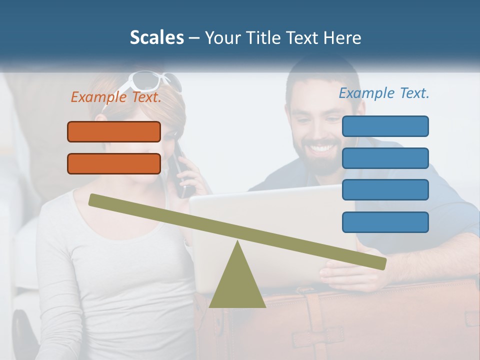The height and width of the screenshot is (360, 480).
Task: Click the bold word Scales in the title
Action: click(156, 37)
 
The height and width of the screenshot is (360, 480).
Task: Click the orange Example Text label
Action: click(116, 97)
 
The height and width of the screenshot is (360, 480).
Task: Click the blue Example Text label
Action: click(384, 93)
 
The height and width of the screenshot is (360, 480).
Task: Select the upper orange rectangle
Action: click(114, 131)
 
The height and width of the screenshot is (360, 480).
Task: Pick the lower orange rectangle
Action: click(114, 163)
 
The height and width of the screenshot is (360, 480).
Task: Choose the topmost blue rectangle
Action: click(385, 126)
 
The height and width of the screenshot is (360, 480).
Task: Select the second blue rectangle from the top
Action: click(385, 158)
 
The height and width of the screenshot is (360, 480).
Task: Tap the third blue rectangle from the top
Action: click(385, 189)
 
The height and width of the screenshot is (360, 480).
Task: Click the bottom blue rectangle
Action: click(385, 222)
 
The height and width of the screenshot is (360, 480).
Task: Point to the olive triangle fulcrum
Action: click(237, 282)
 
